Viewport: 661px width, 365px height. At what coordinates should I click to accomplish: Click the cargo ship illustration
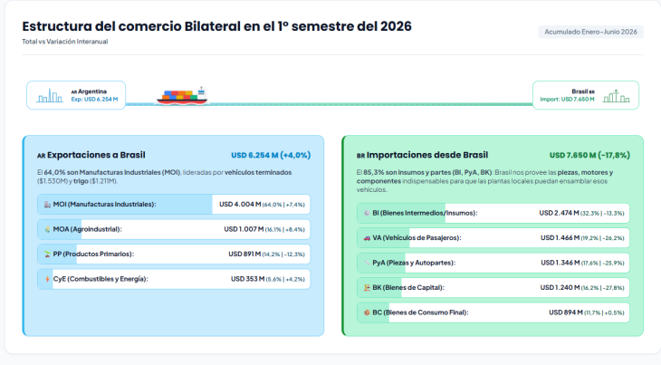(182, 96)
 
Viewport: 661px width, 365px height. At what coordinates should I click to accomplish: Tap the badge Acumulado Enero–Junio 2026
(590, 32)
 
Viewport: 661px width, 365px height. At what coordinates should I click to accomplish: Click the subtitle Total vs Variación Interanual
(65, 42)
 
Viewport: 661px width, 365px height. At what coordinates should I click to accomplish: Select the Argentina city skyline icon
(50, 96)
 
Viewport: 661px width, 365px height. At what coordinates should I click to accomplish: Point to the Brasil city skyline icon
(617, 96)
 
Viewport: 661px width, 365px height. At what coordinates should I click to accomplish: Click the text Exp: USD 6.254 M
(94, 100)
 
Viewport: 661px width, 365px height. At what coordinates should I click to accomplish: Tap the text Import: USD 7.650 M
(567, 100)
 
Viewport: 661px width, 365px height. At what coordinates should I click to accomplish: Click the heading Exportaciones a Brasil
(96, 155)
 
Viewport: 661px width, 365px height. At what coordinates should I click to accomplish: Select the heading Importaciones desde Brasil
(427, 155)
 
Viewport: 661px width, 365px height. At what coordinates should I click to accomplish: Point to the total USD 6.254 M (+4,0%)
(271, 155)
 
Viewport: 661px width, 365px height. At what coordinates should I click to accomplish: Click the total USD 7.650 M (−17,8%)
(589, 155)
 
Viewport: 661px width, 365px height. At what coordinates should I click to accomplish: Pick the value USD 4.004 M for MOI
(240, 205)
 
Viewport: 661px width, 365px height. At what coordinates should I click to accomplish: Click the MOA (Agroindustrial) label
(87, 229)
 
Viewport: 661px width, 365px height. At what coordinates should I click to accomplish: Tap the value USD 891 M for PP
(244, 255)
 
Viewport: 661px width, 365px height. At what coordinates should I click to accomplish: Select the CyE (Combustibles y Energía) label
(101, 279)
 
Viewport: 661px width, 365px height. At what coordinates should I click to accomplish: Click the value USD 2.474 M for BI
(559, 213)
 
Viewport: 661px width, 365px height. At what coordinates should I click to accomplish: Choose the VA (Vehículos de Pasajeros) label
(417, 238)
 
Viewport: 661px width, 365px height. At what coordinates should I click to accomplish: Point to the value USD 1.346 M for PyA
(560, 263)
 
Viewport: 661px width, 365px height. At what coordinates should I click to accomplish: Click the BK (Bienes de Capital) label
(408, 288)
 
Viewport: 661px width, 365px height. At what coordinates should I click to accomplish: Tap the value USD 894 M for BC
(566, 312)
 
